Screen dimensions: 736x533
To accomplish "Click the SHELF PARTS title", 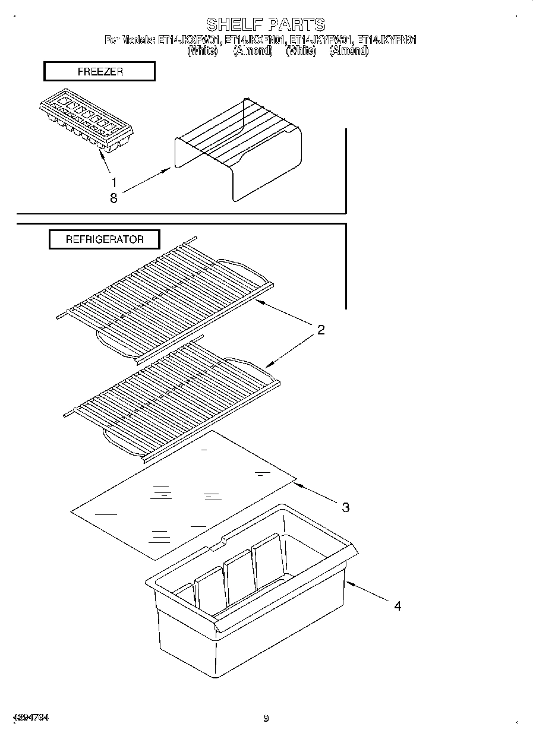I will pyautogui.click(x=266, y=24).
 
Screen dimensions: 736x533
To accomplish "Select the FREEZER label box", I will pyautogui.click(x=99, y=71).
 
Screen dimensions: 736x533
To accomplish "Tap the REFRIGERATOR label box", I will pyautogui.click(x=104, y=239).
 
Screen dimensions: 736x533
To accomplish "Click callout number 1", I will pyautogui.click(x=114, y=182).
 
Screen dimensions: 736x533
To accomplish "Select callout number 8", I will pyautogui.click(x=113, y=198).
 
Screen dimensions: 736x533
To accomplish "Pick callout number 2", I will pyautogui.click(x=320, y=330).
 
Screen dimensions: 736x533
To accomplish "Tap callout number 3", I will pyautogui.click(x=345, y=507).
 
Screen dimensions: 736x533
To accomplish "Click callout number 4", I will pyautogui.click(x=397, y=606).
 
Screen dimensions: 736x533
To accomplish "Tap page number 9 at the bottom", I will pyautogui.click(x=266, y=719).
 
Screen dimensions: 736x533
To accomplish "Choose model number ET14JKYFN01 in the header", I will pyautogui.click(x=387, y=40).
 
